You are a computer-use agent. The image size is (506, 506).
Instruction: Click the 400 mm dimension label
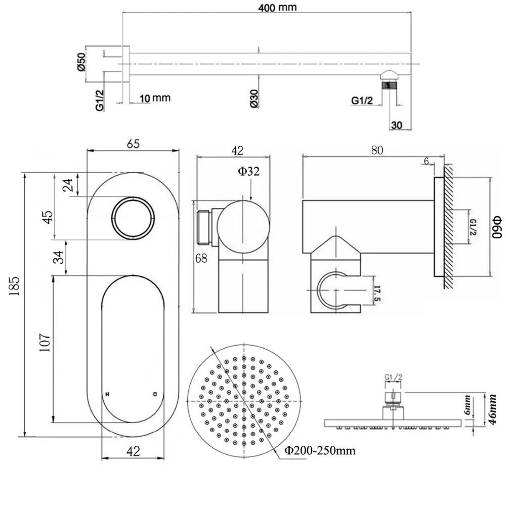point(277,8)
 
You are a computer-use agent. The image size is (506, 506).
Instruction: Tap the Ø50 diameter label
point(81,62)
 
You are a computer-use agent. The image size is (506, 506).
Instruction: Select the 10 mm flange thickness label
point(155,98)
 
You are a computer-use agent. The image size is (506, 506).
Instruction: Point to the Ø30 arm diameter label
point(254,99)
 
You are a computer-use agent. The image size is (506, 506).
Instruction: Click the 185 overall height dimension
point(15,286)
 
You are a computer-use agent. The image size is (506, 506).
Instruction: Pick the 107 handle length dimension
point(45,342)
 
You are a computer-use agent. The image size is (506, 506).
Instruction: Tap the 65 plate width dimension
point(133,144)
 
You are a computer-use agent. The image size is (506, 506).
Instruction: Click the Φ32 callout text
point(248,172)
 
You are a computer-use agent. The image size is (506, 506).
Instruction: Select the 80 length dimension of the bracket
point(377,150)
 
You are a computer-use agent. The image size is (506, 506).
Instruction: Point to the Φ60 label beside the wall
point(497,227)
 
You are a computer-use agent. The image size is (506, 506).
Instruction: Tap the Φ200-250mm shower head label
point(320,450)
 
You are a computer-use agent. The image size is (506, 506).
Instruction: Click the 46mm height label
point(492,409)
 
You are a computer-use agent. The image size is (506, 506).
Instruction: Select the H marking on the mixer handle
point(108,394)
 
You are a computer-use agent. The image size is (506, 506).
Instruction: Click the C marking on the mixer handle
point(155,394)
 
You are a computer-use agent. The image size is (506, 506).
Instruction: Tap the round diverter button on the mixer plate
point(133,218)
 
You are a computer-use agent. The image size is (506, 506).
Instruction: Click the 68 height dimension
point(201,258)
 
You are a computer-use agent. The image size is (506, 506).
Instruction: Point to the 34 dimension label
point(58,257)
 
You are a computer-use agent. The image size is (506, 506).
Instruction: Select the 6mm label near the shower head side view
point(467,406)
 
